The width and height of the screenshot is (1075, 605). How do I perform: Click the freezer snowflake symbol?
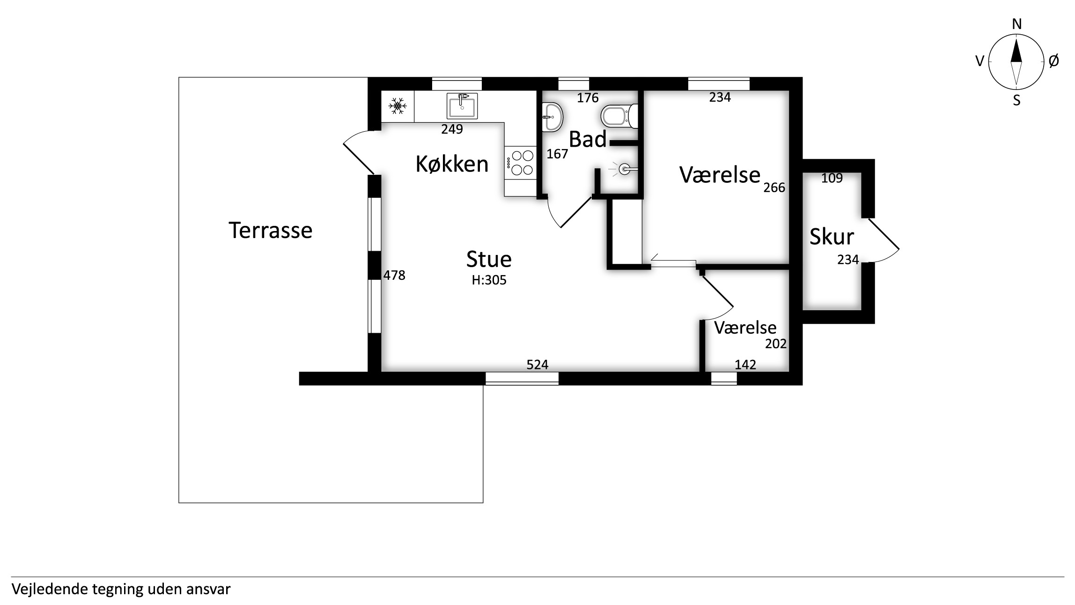398,106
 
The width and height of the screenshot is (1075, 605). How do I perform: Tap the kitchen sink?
462,106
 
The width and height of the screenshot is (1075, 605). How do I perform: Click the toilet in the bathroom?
619,116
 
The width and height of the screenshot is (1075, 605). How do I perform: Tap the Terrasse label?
270,231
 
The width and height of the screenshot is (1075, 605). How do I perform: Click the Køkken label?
452,164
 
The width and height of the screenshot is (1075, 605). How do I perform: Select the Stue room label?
489,259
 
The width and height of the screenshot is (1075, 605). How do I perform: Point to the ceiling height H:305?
489,280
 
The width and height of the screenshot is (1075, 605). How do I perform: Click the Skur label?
832,237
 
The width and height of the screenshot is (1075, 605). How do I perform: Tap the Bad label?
588,139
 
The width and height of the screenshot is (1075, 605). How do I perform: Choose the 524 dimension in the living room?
537,365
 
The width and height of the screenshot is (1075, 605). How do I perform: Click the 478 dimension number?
394,275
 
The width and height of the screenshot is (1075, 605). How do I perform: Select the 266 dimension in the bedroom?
774,187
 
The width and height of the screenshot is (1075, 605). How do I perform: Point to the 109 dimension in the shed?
832,178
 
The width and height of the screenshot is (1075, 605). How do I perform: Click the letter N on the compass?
1016,24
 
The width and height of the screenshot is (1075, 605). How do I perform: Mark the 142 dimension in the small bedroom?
745,365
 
